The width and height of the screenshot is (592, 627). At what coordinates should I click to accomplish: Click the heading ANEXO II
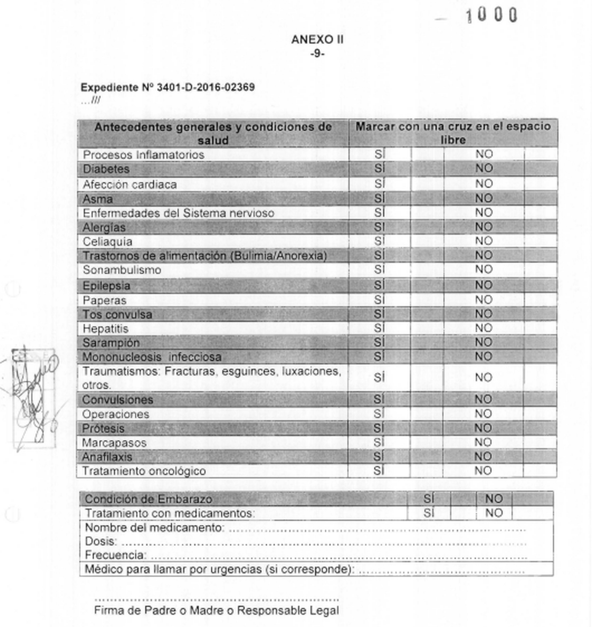[x=317, y=39]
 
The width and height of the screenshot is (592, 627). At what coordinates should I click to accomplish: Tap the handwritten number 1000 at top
[x=491, y=15]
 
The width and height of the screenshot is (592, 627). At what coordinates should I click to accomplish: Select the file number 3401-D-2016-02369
[x=205, y=88]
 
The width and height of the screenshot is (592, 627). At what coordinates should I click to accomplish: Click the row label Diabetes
[x=106, y=169]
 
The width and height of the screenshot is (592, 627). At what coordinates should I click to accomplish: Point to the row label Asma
[x=98, y=199]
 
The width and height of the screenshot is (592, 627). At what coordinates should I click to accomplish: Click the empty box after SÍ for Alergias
[x=427, y=227]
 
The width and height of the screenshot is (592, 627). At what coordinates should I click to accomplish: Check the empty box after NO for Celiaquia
[x=540, y=241]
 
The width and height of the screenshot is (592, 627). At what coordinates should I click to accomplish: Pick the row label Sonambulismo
[x=122, y=270]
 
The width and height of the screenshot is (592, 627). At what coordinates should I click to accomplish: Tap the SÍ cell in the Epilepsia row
[x=379, y=285]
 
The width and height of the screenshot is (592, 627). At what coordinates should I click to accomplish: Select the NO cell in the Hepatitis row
[x=483, y=328]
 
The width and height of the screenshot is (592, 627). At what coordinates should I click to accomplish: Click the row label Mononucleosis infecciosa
[x=151, y=357]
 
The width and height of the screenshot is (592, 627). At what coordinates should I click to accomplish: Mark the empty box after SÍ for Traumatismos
[x=427, y=378]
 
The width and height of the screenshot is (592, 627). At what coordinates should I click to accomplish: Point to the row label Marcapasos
[x=114, y=442]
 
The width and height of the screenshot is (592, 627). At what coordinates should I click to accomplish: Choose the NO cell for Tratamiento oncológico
[x=483, y=471]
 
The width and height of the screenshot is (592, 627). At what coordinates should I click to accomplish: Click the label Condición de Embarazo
[x=148, y=499]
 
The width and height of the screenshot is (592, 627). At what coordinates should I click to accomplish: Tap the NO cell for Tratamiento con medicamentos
[x=494, y=513]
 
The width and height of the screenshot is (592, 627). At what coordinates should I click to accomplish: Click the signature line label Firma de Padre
[x=216, y=611]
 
